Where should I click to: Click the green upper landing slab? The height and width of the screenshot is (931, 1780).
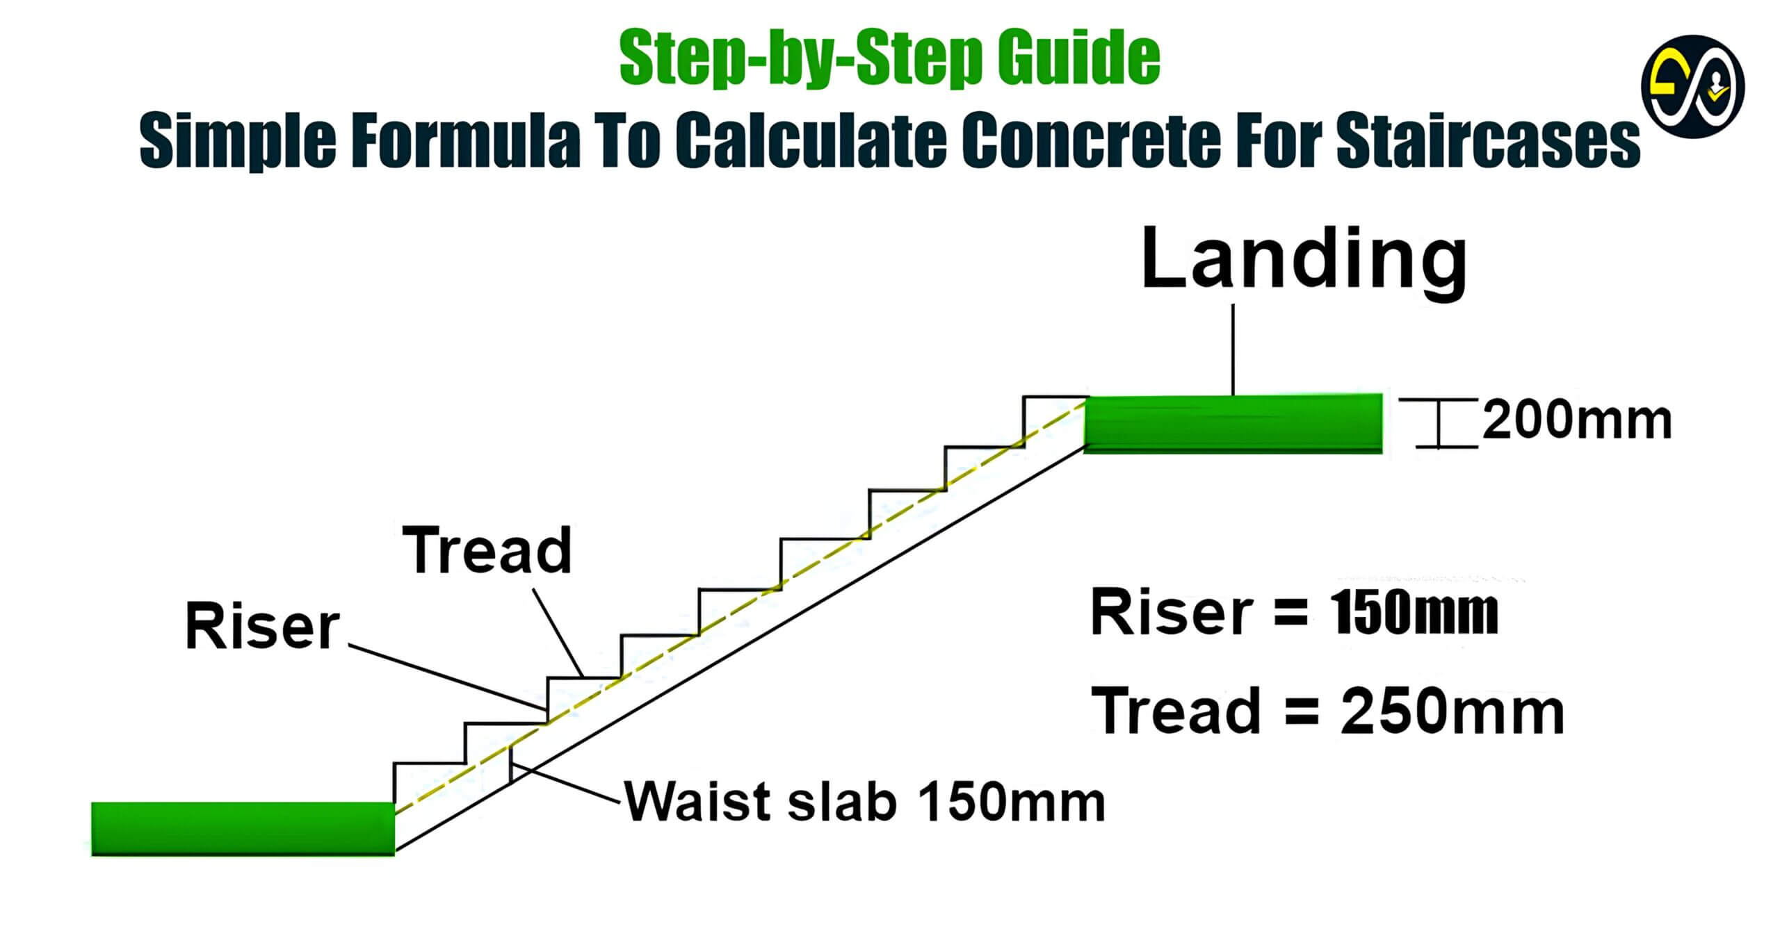pyautogui.click(x=1233, y=424)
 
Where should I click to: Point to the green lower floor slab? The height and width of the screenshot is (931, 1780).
pyautogui.click(x=243, y=828)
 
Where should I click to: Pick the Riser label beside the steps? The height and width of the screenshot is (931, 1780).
pyautogui.click(x=263, y=627)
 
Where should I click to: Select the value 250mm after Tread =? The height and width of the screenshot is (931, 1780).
pyautogui.click(x=1453, y=712)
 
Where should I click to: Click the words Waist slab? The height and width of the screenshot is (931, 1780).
pyautogui.click(x=760, y=802)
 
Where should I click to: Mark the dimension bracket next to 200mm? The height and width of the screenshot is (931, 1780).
pyautogui.click(x=1437, y=423)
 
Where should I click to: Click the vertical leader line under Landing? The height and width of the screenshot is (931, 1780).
pyautogui.click(x=1233, y=349)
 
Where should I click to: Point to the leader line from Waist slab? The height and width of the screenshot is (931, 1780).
pyautogui.click(x=564, y=783)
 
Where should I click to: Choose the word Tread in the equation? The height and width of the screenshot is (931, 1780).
pyautogui.click(x=1176, y=711)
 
